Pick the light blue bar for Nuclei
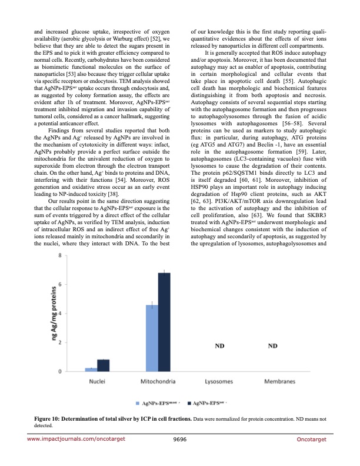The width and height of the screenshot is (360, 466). [x=91, y=369]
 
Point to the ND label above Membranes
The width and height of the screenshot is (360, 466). [x=273, y=347]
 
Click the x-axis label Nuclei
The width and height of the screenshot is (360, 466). [x=97, y=381]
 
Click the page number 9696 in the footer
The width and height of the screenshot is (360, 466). [x=180, y=439]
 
